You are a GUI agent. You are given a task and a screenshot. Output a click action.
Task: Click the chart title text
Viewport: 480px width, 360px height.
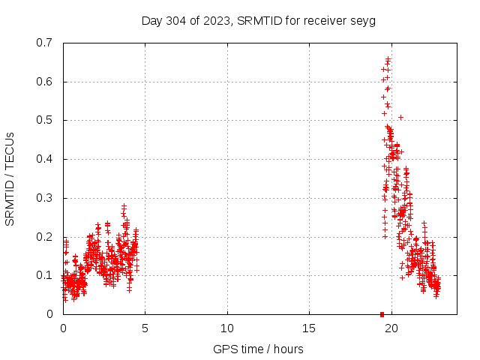[x=259, y=20]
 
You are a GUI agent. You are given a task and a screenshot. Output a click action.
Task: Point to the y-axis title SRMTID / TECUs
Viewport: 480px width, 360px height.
[x=10, y=178]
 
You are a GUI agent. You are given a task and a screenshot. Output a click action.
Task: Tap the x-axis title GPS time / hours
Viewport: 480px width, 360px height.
[x=259, y=349]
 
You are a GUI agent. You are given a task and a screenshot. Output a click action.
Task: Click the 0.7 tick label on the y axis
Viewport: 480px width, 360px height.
[x=46, y=43]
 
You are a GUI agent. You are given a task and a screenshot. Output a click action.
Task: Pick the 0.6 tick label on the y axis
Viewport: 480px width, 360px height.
[x=46, y=82]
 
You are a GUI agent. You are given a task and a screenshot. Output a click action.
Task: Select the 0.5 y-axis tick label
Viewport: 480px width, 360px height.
[x=46, y=120]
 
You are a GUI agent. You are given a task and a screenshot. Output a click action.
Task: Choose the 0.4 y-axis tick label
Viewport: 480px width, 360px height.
[x=46, y=159]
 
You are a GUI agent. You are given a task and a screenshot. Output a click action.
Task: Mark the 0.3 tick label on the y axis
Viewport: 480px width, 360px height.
[x=46, y=198]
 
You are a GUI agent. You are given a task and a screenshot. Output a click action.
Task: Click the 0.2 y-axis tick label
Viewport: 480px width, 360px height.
[x=46, y=237]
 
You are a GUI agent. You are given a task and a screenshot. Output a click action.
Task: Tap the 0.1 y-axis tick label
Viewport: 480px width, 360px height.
[x=46, y=275]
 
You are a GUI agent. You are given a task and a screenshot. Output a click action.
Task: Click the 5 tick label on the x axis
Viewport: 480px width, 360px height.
[x=145, y=328]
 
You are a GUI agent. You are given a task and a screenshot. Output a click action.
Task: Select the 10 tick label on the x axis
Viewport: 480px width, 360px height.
[x=227, y=328]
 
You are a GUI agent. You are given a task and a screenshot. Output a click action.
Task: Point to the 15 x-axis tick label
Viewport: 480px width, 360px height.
[x=309, y=328]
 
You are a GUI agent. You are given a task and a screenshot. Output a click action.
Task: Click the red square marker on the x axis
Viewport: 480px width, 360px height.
[x=382, y=314]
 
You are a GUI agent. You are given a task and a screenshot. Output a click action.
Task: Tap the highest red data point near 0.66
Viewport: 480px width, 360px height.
[x=388, y=58]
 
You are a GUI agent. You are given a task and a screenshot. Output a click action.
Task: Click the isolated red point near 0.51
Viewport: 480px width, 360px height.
[x=400, y=117]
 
